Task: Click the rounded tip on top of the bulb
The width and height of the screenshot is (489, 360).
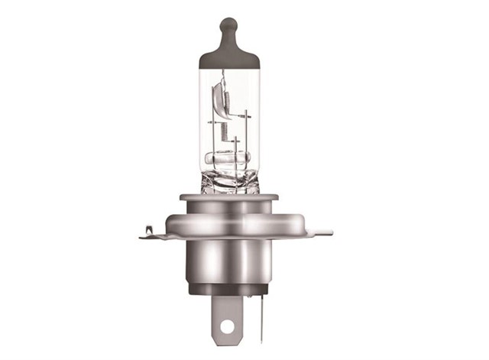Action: [227, 24]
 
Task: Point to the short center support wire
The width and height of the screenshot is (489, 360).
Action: [237, 149]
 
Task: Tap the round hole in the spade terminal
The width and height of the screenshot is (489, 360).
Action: [225, 327]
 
